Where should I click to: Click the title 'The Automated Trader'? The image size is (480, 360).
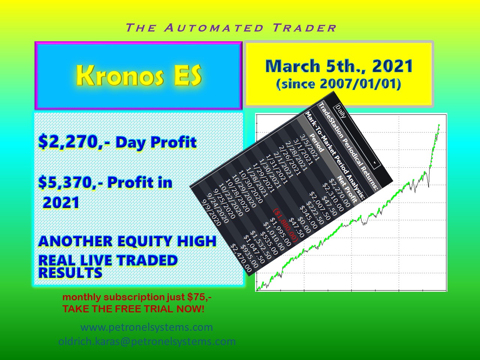click(x=231, y=28)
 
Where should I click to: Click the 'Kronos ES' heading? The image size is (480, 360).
click(x=139, y=75)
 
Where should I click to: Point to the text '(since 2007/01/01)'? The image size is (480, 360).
click(x=339, y=84)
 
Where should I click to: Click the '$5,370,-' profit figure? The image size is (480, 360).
click(x=71, y=183)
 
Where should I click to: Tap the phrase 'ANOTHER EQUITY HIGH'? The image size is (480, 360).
click(x=127, y=241)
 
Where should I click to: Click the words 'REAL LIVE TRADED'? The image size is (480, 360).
click(x=108, y=260)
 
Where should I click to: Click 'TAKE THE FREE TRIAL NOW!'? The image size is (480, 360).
click(x=133, y=309)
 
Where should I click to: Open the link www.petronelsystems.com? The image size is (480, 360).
click(x=147, y=327)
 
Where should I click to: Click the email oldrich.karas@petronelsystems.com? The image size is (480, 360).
click(x=147, y=342)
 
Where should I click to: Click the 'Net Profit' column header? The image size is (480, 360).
click(x=347, y=189)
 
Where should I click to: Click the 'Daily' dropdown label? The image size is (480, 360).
click(x=341, y=112)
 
